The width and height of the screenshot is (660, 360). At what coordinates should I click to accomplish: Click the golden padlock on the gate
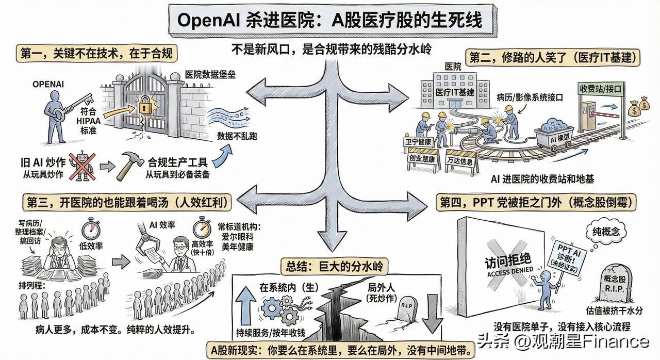[x=143, y=105]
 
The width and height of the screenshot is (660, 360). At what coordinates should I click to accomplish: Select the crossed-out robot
[x=82, y=167]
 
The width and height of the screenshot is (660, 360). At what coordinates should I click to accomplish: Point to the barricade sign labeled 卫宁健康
[x=418, y=142]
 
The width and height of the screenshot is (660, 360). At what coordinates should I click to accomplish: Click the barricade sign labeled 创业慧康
[x=422, y=158]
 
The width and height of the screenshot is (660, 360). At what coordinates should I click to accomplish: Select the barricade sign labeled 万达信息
[x=460, y=161]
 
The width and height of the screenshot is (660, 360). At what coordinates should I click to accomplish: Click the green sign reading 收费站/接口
[x=601, y=88]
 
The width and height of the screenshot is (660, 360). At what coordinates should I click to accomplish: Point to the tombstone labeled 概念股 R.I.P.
[x=616, y=282]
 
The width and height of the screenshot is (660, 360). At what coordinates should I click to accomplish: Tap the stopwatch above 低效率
[x=91, y=228]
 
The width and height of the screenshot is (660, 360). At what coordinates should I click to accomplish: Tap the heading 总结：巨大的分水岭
[x=334, y=266]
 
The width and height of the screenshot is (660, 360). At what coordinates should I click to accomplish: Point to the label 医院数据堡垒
[x=210, y=75]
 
